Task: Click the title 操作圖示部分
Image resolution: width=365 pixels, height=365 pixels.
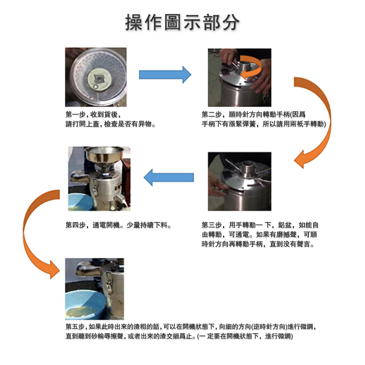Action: [182, 22]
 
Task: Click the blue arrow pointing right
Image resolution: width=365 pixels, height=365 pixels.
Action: [165, 75]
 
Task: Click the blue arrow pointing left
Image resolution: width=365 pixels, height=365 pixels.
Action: [169, 177]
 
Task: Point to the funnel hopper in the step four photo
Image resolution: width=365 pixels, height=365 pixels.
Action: [104, 156]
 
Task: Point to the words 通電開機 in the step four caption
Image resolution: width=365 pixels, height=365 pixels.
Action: [106, 225]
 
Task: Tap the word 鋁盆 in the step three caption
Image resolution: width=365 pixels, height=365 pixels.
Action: [285, 225]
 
